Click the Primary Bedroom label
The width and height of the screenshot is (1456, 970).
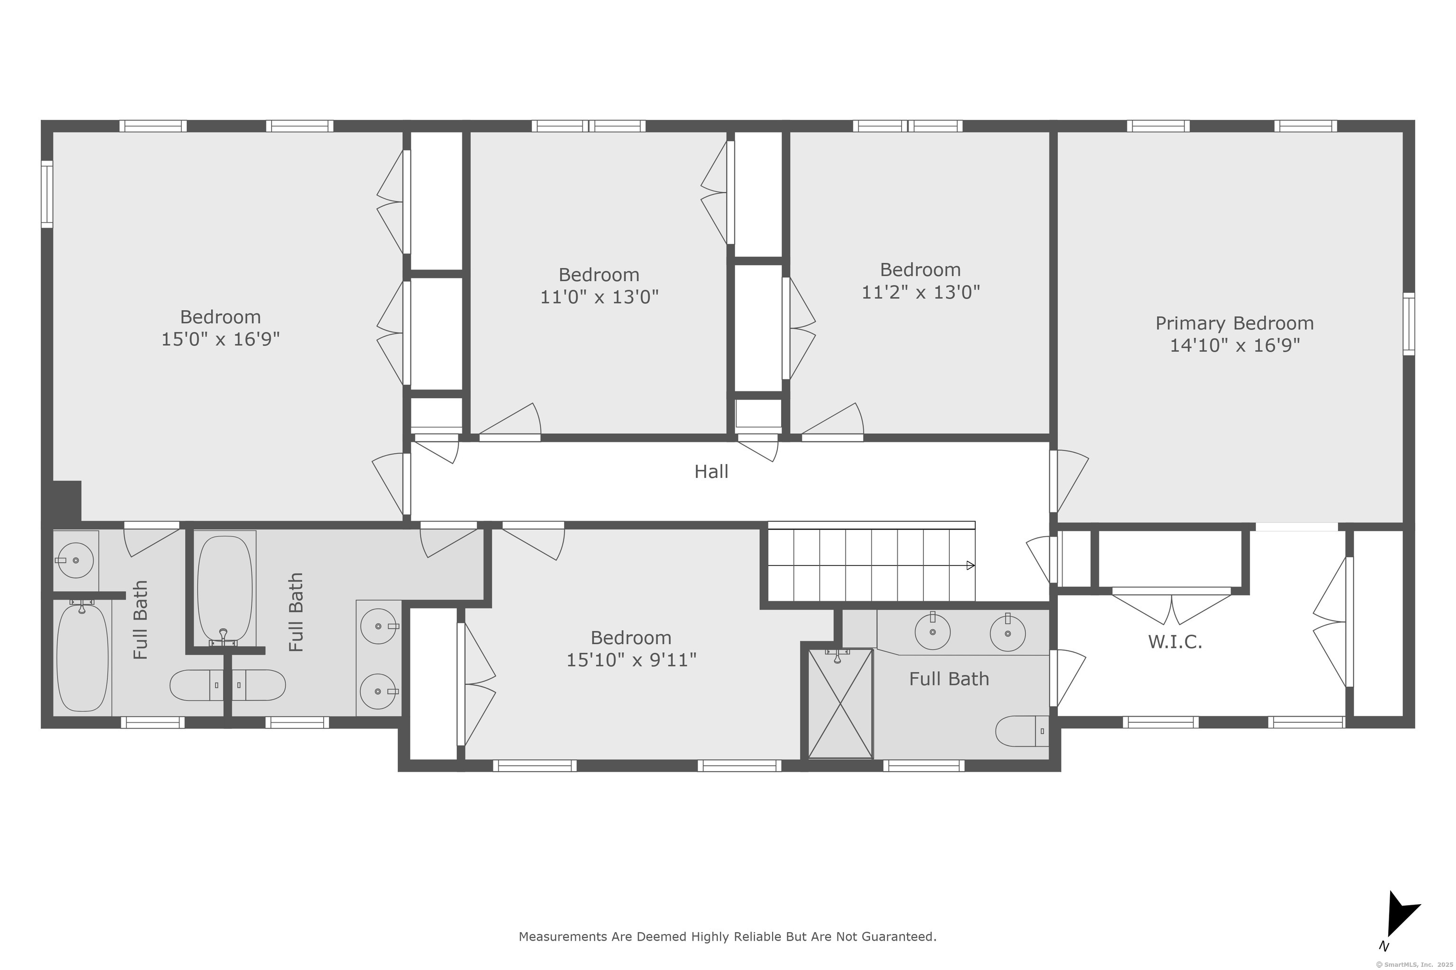(x=1234, y=323)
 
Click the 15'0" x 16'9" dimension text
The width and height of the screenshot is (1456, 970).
(x=220, y=339)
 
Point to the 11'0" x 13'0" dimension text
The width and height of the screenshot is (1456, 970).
(x=599, y=297)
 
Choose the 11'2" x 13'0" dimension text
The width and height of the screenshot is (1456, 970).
(x=920, y=292)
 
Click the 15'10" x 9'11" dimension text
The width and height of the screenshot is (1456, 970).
(x=631, y=660)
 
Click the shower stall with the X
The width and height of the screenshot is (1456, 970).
(x=841, y=703)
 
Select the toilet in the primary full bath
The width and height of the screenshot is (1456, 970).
(x=1021, y=731)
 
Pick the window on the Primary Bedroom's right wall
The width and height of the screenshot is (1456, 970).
(x=1408, y=323)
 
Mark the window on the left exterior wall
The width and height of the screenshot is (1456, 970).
(x=47, y=194)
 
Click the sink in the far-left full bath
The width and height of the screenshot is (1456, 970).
(x=75, y=560)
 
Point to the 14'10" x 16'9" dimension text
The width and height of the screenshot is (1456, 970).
(x=1234, y=345)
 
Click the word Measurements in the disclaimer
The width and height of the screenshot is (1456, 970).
(x=563, y=936)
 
